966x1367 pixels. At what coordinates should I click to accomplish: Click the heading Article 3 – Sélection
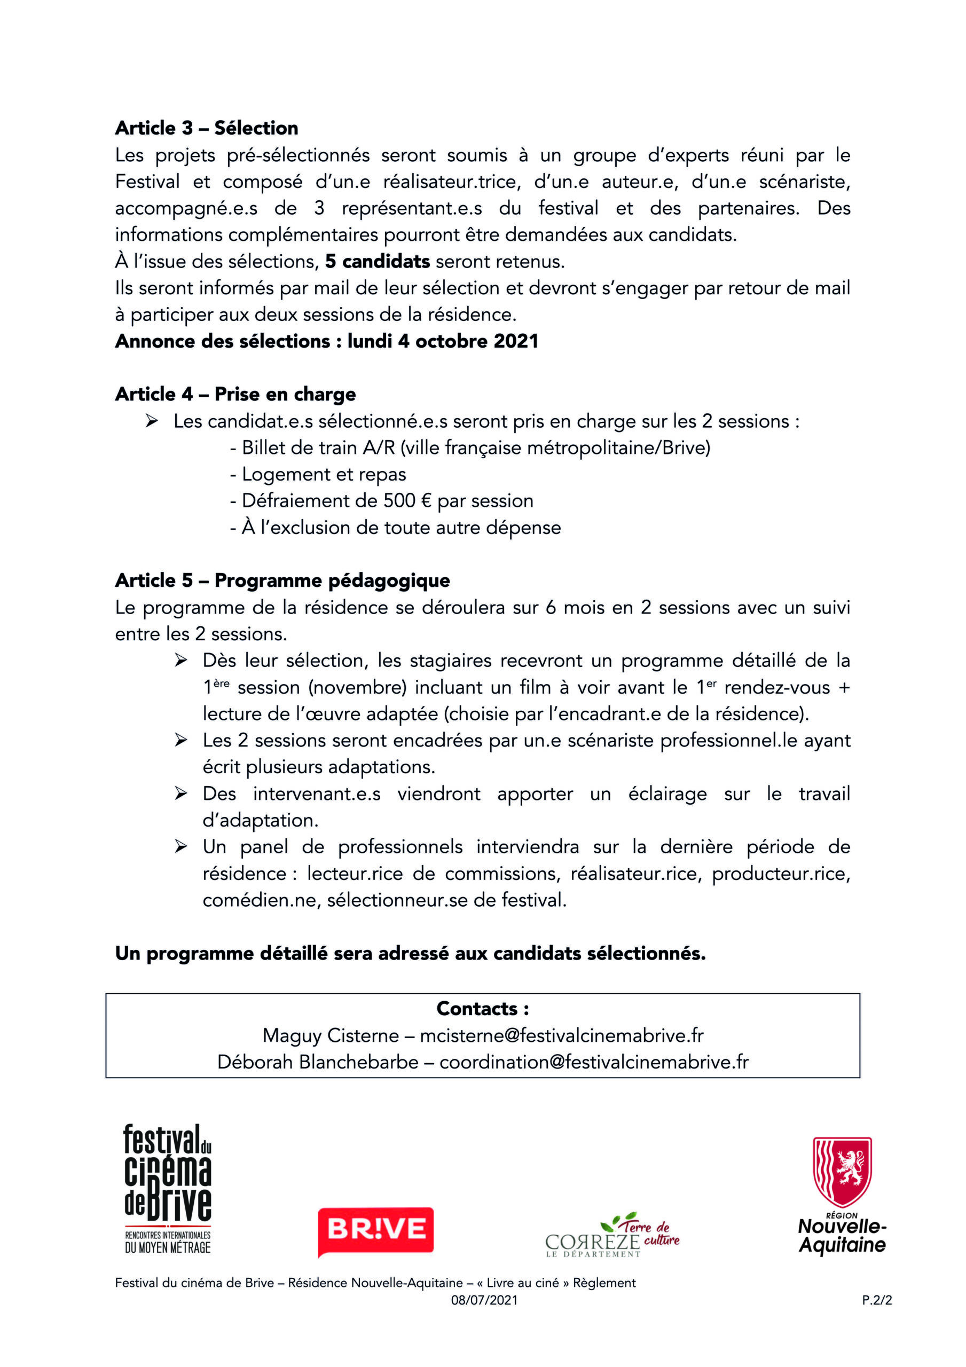207,128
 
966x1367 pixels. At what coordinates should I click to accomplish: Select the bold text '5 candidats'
377,261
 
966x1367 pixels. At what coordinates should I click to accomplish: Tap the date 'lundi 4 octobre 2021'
443,341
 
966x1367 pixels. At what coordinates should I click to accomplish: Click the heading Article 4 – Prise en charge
235,394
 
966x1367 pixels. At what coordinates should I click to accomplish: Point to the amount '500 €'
407,501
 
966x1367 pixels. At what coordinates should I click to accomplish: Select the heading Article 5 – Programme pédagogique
282,580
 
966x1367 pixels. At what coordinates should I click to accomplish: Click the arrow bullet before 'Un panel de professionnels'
181,847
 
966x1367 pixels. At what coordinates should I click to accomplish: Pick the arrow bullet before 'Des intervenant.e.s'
181,794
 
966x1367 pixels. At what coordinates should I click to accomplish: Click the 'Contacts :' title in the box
482,1009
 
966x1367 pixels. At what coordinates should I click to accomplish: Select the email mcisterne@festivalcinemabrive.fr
562,1035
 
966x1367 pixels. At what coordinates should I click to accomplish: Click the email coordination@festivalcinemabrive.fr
594,1062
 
